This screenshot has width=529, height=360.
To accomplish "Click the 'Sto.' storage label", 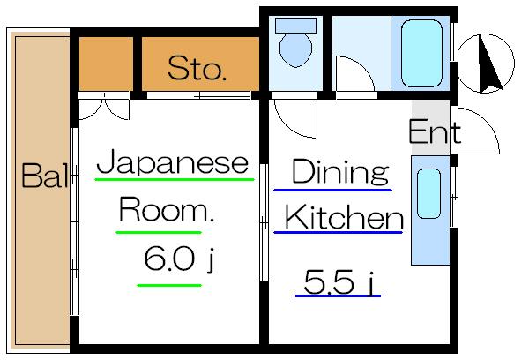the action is [x=197, y=69].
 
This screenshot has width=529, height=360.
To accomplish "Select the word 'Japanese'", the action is [x=173, y=162].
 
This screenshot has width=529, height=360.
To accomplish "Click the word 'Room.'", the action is [x=167, y=209].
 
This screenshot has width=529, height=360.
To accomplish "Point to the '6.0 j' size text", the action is [x=179, y=259].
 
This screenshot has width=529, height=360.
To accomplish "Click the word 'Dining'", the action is [x=340, y=172].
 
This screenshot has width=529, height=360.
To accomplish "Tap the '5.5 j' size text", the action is [x=339, y=282].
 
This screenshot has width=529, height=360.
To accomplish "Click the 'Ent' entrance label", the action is [x=435, y=131].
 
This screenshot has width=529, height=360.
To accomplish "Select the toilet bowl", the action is [x=295, y=49].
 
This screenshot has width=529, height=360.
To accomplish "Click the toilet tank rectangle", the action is [x=295, y=26].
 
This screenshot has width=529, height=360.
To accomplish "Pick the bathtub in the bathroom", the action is [x=421, y=53].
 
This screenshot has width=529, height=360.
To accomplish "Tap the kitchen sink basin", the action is [x=428, y=194].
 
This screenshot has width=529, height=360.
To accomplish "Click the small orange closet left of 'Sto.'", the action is [x=106, y=64].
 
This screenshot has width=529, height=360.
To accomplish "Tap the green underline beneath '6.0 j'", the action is [x=169, y=286].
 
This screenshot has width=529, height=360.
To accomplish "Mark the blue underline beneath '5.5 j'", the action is [x=338, y=296].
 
